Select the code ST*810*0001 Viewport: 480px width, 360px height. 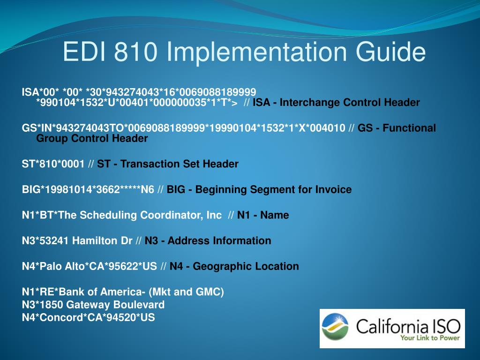(x=53, y=164)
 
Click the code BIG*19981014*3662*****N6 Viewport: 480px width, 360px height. (x=88, y=190)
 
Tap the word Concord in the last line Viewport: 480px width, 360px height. (x=52, y=318)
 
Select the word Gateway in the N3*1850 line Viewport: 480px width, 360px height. (x=85, y=305)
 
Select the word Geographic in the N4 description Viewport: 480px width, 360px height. (x=217, y=267)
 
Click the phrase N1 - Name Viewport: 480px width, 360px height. (x=263, y=215)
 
